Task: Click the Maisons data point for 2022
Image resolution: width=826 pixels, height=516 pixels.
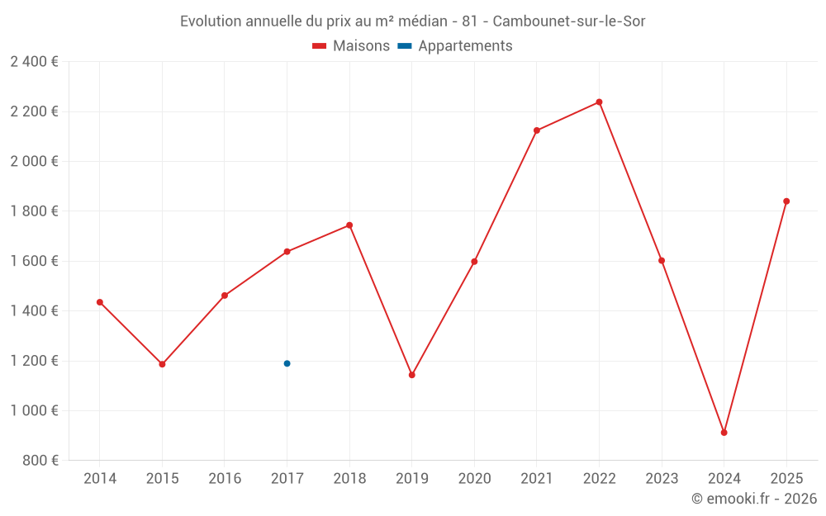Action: tap(599, 102)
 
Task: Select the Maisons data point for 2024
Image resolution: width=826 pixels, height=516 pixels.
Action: tap(724, 433)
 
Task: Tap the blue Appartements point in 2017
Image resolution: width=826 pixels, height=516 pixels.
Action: tap(287, 363)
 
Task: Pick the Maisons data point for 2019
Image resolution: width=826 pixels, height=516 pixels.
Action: tap(411, 375)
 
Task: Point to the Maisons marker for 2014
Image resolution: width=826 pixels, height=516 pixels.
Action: tap(100, 302)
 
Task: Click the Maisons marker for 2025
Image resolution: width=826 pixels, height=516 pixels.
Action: tap(786, 201)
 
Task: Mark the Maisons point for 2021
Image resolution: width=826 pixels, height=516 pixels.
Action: tap(537, 130)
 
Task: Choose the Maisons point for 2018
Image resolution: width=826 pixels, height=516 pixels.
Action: tap(349, 225)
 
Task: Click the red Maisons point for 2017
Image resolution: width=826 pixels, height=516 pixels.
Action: tap(287, 252)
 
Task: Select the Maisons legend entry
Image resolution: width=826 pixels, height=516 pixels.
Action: tap(351, 46)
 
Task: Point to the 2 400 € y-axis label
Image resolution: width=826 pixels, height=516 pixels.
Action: tap(34, 62)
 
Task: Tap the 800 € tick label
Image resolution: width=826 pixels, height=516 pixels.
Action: tap(40, 461)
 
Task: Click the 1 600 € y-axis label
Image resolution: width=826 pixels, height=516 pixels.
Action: tap(34, 261)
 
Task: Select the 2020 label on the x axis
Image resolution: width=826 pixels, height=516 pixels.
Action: tap(474, 479)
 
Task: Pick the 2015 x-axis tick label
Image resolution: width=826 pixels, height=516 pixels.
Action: tap(162, 479)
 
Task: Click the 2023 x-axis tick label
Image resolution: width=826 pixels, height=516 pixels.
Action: tap(662, 479)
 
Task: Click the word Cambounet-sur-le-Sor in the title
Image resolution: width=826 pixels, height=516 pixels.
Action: tap(568, 21)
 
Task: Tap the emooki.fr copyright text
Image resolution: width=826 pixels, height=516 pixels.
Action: tap(754, 499)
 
